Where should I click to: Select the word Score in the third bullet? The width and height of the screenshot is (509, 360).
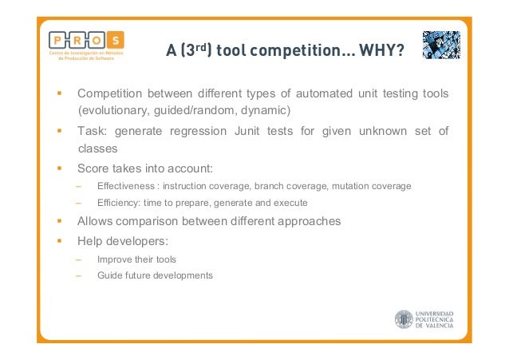pyautogui.click(x=93, y=168)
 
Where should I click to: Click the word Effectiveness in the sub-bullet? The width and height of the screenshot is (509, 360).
pyautogui.click(x=125, y=187)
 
